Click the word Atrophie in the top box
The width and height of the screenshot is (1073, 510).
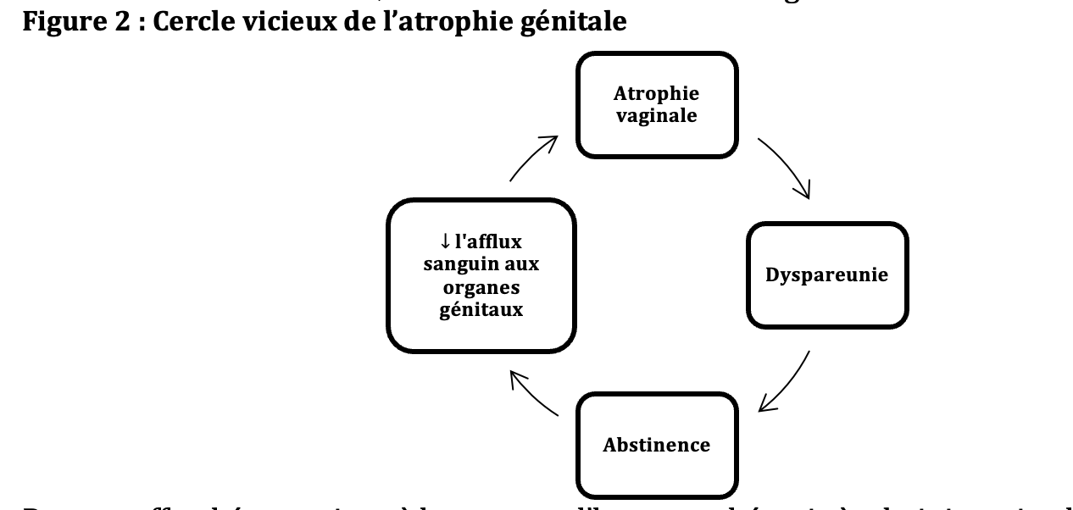point(656,93)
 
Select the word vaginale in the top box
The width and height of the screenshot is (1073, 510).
point(656,115)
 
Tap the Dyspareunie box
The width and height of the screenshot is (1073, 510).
point(826,275)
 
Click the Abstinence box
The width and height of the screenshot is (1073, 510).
point(656,445)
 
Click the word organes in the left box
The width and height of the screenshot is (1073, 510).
point(481,286)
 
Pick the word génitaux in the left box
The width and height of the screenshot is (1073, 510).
point(481,309)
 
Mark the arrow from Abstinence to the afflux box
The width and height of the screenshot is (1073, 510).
point(532,394)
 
